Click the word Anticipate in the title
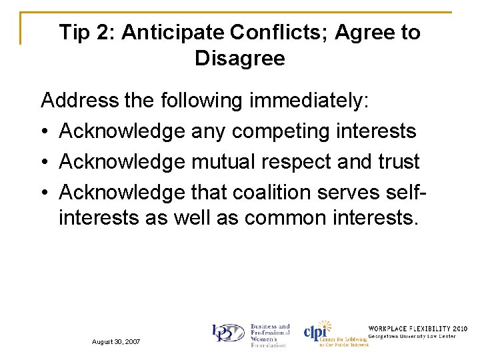point(173,32)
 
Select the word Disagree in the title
point(240,59)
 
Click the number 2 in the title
point(107,32)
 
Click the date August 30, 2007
point(117,341)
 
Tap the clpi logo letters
point(316,332)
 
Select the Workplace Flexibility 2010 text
point(418,329)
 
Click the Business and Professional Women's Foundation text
point(269,335)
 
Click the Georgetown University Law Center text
point(412,337)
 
